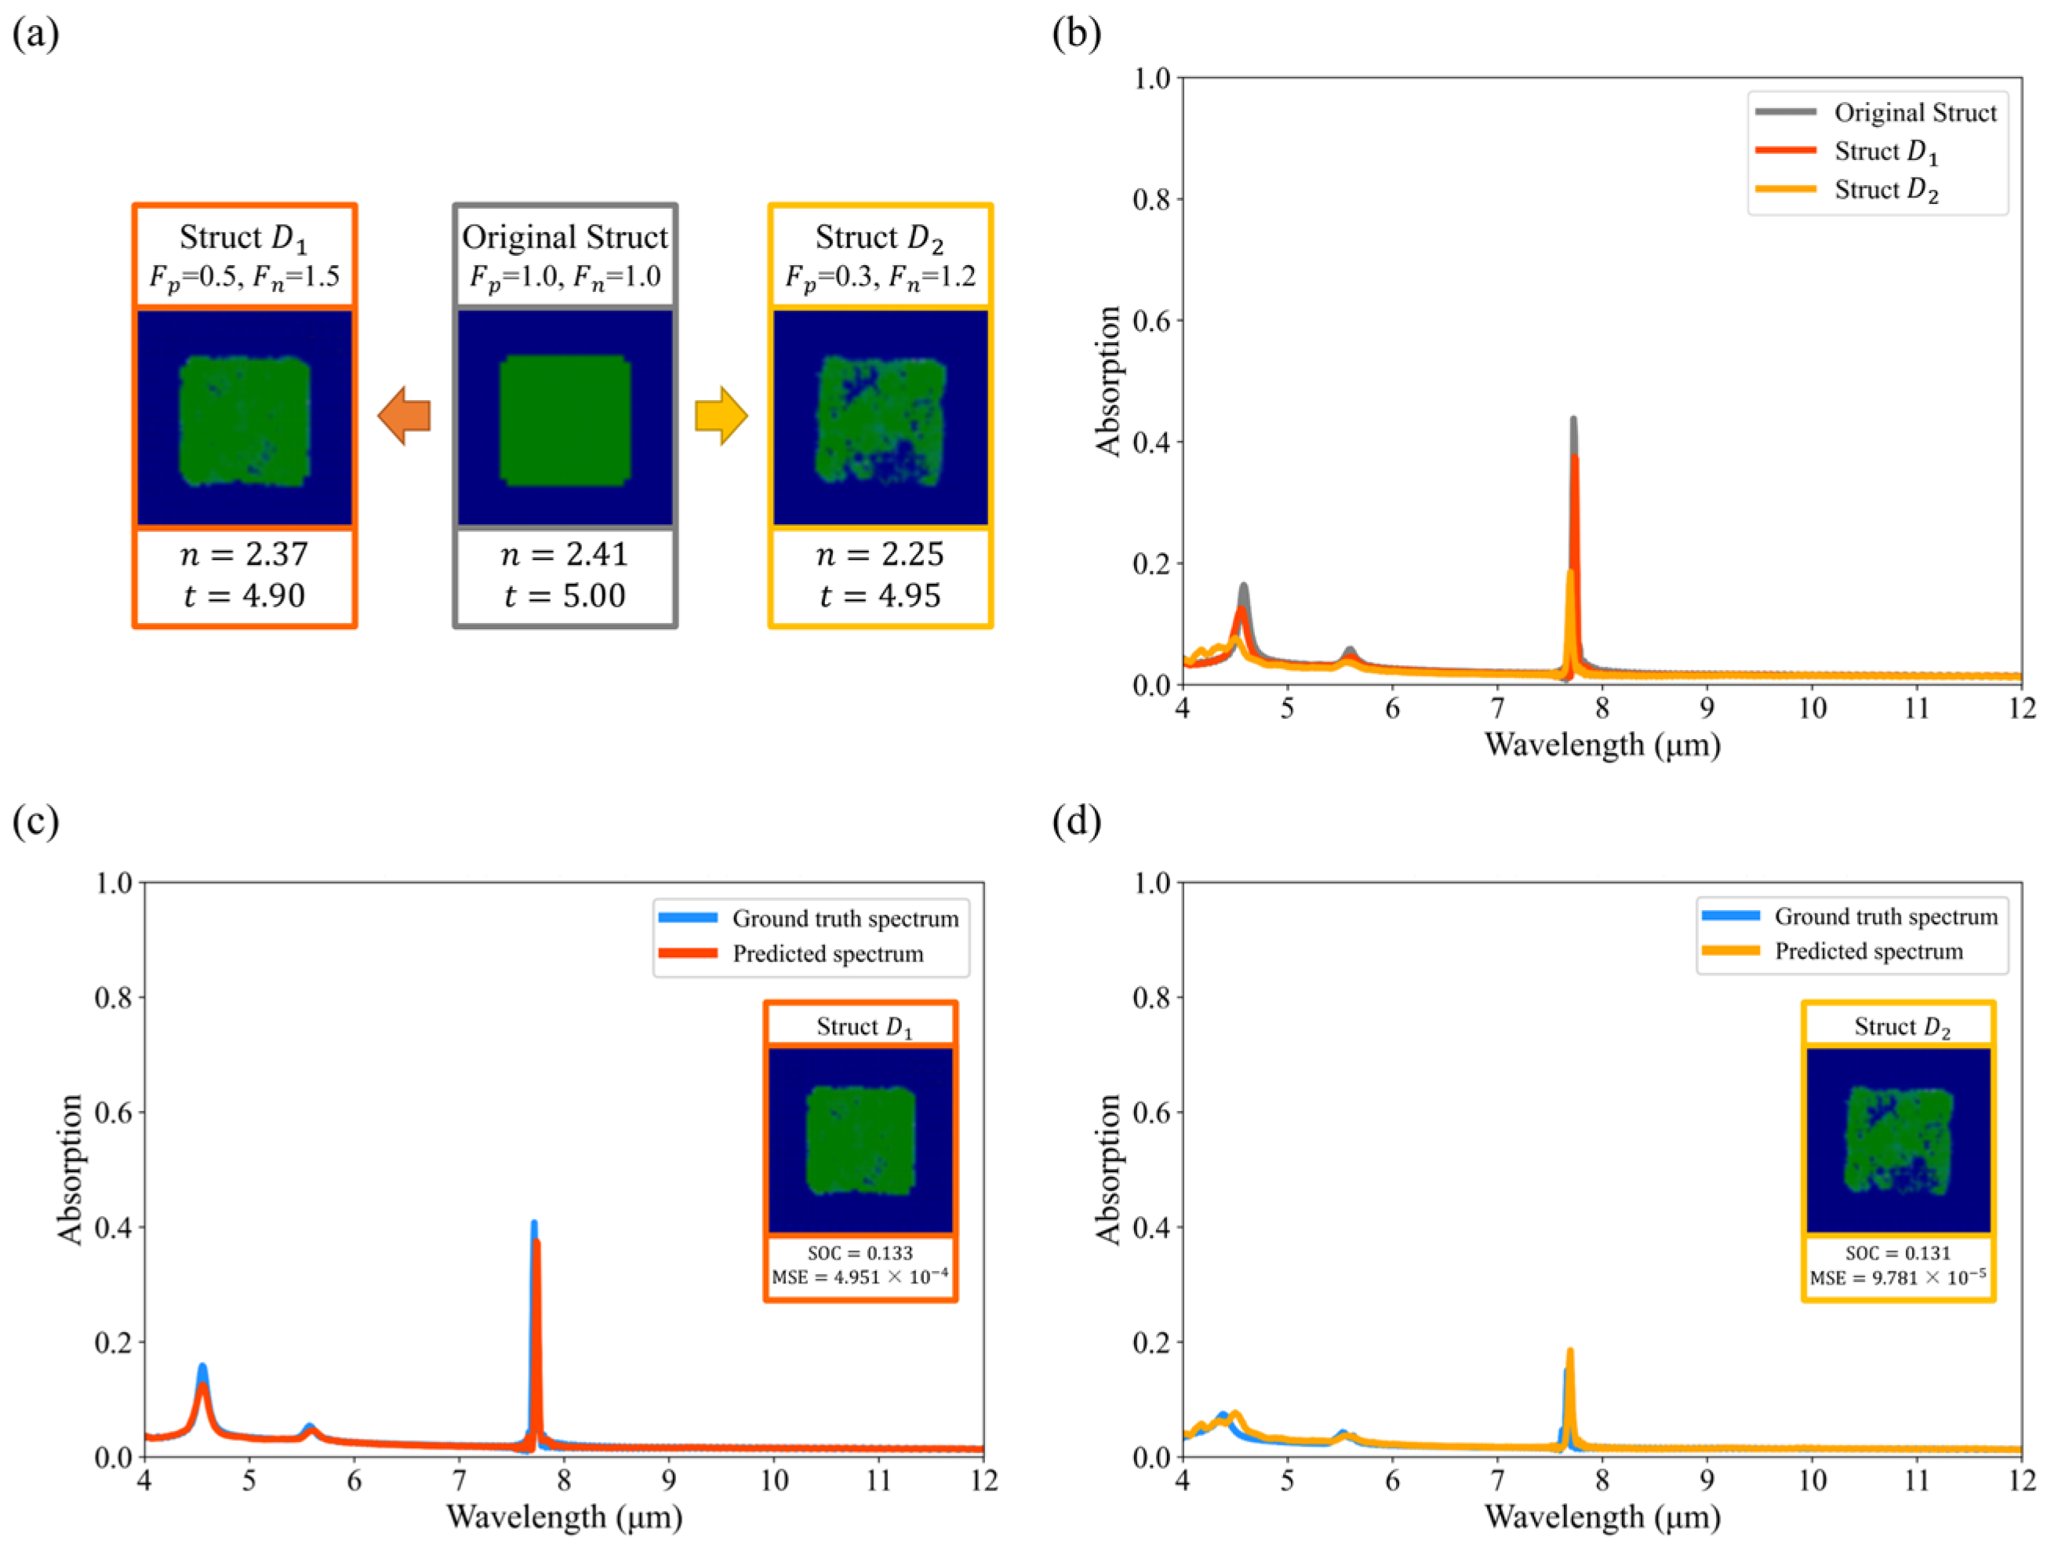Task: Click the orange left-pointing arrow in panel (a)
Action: click(x=405, y=415)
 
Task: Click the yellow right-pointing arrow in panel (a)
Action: click(x=721, y=415)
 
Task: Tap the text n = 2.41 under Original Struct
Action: click(x=565, y=555)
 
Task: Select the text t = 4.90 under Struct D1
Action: click(x=244, y=595)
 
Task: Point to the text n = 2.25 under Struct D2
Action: click(x=879, y=555)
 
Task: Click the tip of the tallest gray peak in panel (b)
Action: click(x=1573, y=419)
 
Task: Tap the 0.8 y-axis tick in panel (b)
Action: click(x=1151, y=198)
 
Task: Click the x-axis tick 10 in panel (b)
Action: click(x=1812, y=708)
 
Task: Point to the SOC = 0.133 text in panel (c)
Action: click(x=860, y=1253)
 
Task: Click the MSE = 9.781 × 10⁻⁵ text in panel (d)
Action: click(x=1898, y=1278)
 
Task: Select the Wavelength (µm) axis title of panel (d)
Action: click(x=1601, y=1516)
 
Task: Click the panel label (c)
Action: click(x=35, y=821)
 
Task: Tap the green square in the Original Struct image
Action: click(x=565, y=419)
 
